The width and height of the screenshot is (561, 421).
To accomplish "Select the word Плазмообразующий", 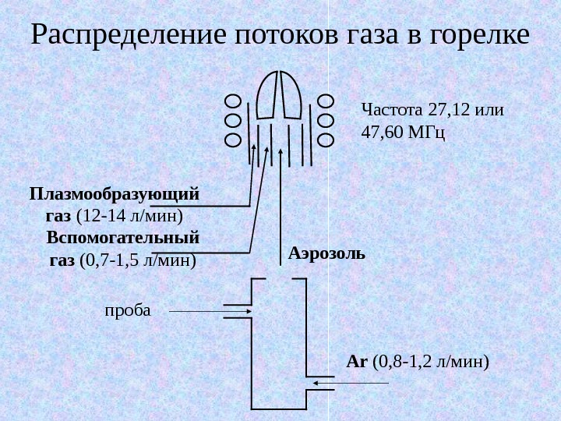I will click(115, 192).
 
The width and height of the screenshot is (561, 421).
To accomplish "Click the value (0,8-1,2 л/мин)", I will click(432, 362).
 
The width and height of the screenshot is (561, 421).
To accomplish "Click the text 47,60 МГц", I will click(403, 133).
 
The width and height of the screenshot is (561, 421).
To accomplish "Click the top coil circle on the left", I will click(233, 101).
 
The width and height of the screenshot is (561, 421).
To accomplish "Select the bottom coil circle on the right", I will click(326, 140).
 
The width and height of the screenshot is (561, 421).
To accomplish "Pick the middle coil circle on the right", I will click(326, 121).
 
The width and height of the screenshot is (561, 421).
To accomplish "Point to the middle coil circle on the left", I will click(233, 121).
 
